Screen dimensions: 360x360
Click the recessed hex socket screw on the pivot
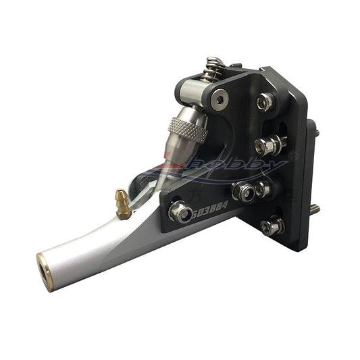click(220, 100)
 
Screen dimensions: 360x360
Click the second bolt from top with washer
click(265, 144)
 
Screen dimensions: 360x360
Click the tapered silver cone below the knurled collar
click(173, 153)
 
